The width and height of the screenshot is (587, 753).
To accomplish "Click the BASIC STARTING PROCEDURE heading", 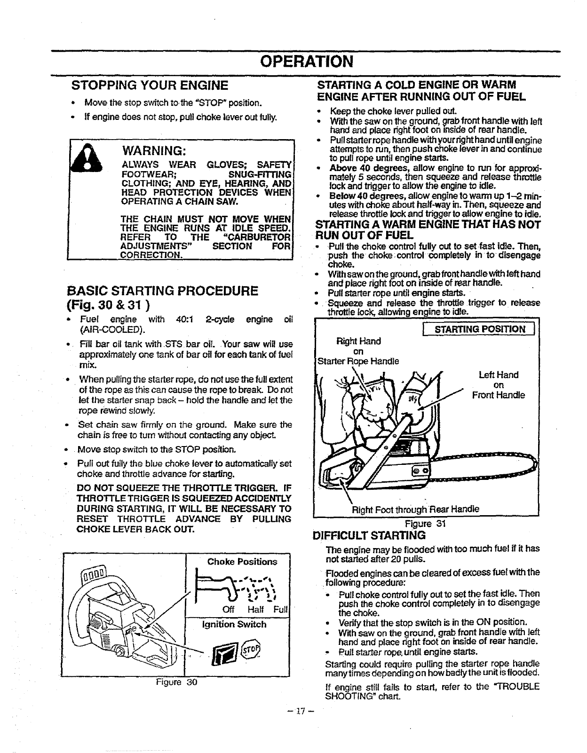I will coord(163,290).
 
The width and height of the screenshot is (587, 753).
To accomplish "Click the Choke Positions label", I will coord(242,562).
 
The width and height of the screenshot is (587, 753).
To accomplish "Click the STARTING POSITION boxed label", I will coord(480,329).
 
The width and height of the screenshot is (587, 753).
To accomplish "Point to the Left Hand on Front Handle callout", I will coord(498,385).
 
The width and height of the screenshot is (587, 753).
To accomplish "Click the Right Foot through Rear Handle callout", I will coord(416,509).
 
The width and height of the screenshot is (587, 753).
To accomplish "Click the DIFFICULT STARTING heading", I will coord(369,535).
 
